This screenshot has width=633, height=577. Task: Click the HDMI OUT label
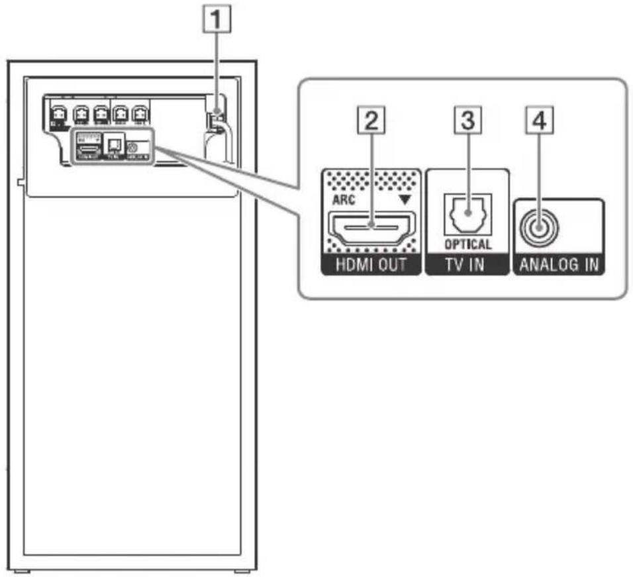pos(371,266)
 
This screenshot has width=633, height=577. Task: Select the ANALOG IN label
pos(558,266)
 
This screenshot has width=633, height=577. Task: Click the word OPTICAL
pos(467,244)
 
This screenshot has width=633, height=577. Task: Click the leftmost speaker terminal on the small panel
pos(58,113)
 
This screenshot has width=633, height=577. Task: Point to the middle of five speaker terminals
pos(101,113)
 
